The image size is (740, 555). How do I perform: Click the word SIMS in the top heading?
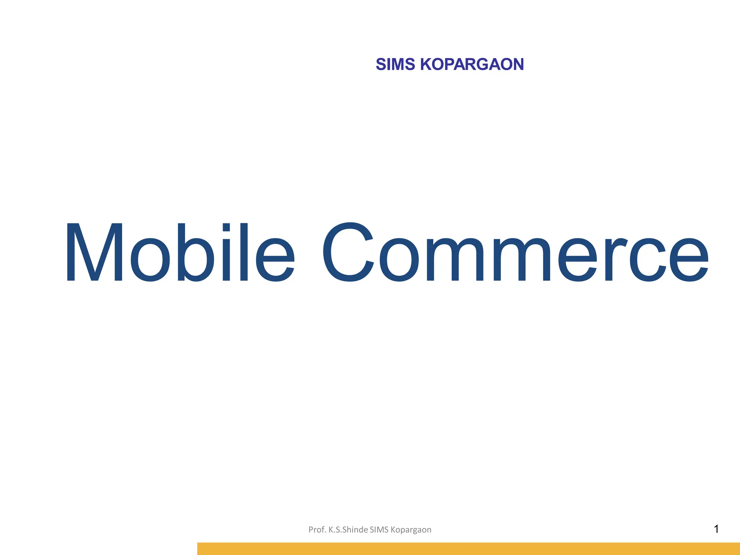[395, 64]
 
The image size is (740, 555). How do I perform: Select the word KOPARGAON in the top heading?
[472, 64]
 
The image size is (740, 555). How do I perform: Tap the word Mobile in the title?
[180, 252]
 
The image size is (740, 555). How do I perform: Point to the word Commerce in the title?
[515, 252]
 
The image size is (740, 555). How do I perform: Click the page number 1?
[716, 529]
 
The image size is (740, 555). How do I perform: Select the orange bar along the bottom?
[468, 548]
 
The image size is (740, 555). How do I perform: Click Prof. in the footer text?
[317, 530]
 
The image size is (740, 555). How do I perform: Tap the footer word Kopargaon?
[411, 530]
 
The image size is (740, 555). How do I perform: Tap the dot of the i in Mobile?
[226, 227]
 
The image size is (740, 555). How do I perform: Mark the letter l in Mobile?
[244, 252]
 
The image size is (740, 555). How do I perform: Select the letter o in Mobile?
[150, 259]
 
